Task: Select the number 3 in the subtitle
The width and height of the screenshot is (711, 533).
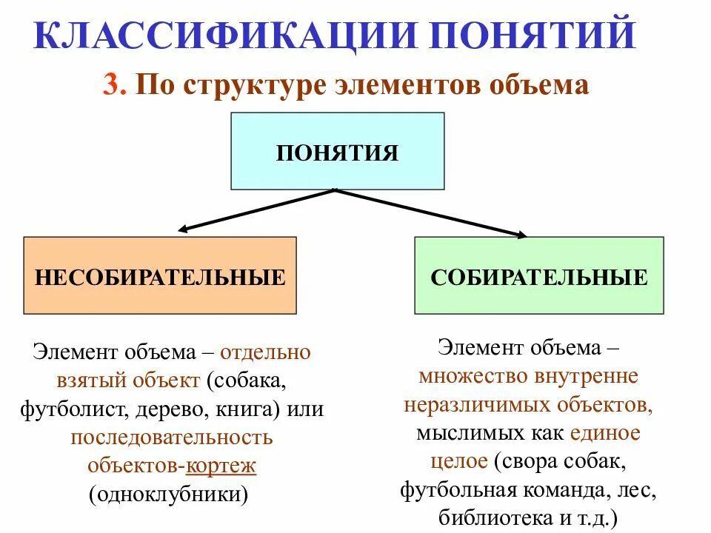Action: tap(110, 85)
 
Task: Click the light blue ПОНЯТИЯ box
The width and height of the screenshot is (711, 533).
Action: tap(338, 151)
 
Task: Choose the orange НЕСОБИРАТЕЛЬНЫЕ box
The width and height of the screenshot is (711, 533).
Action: tap(160, 275)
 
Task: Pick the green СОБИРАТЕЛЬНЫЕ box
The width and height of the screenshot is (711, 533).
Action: tap(538, 275)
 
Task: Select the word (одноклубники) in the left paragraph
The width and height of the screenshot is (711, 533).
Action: tap(168, 494)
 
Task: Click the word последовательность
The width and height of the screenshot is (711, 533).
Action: tap(172, 438)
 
